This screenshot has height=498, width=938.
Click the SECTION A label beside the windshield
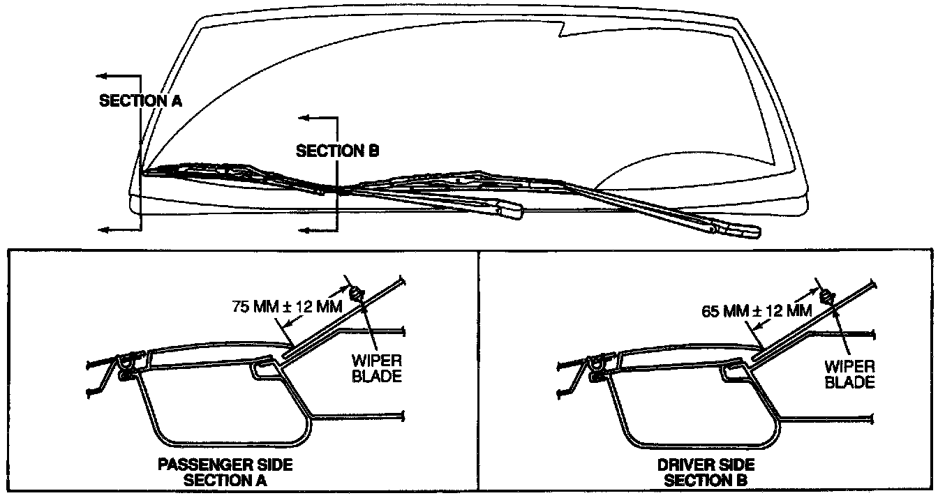click(140, 100)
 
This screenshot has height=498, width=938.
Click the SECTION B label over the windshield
click(337, 151)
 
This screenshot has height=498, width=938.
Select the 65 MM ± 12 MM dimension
click(756, 310)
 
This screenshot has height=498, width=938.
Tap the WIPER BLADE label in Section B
click(849, 375)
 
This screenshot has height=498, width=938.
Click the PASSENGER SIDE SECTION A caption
click(225, 472)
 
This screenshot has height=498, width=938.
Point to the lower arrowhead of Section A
click(100, 229)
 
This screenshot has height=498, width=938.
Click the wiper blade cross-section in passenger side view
click(355, 293)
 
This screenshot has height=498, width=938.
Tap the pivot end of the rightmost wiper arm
click(744, 230)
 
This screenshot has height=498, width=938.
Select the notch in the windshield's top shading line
click(563, 31)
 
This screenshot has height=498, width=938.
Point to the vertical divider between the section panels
click(478, 370)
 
